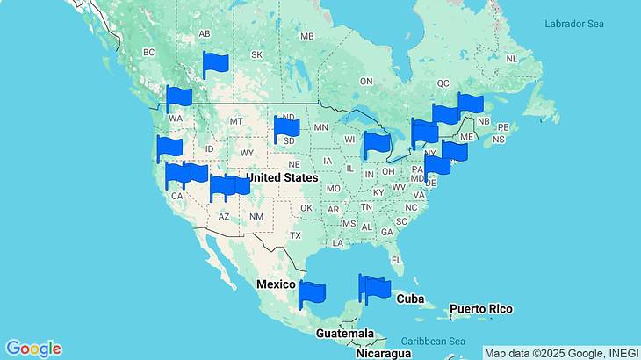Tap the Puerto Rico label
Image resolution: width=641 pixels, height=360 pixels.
[x=480, y=309]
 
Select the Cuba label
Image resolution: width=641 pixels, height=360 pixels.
[x=410, y=299]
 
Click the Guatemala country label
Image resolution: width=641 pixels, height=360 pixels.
[x=345, y=335]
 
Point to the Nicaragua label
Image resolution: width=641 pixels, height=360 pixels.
[x=383, y=353]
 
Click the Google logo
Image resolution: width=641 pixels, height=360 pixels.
[x=32, y=349]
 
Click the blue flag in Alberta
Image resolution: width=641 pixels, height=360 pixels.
[x=215, y=63]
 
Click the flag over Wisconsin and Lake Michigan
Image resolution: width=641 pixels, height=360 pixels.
[x=377, y=143]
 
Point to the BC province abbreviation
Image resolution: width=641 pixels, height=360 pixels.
[x=148, y=53]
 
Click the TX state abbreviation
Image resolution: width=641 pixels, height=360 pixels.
[x=296, y=235]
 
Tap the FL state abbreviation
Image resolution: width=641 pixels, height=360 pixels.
[x=397, y=260]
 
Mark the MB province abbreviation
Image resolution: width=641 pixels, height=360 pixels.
[x=306, y=36]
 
